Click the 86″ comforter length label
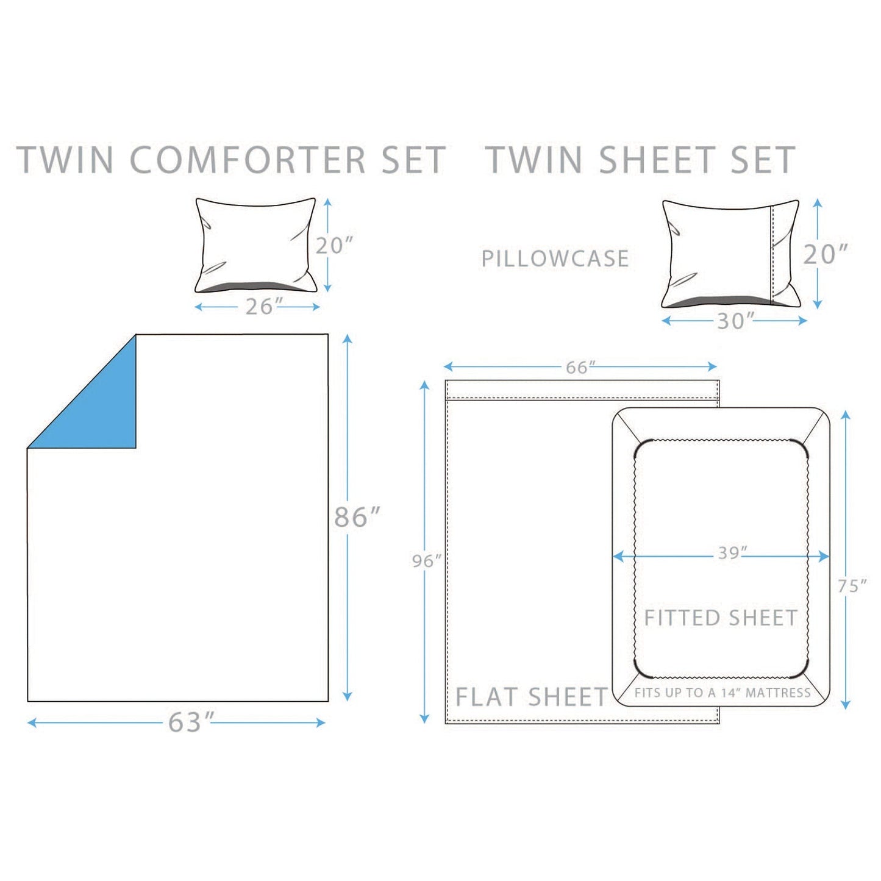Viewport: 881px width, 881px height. (357, 517)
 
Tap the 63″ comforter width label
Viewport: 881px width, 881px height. (191, 722)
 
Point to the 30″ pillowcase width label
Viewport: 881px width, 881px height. (735, 321)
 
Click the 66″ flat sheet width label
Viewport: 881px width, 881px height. (580, 367)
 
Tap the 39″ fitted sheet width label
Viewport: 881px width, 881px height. (732, 553)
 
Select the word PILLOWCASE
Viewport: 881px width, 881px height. (555, 259)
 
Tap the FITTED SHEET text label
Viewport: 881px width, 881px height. (721, 618)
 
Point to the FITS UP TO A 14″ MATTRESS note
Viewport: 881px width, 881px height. (722, 693)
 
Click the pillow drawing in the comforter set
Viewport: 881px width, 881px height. (256, 245)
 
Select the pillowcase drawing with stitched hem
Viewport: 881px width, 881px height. (730, 254)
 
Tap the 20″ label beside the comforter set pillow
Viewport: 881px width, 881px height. (334, 245)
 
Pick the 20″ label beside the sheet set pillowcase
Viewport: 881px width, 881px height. (826, 254)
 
